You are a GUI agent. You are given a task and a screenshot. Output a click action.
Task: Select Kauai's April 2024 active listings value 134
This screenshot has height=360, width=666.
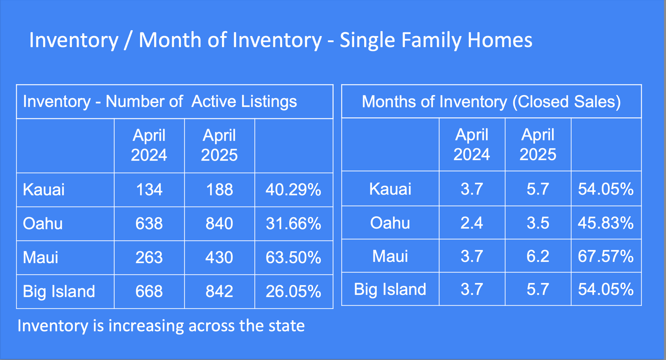point(149,190)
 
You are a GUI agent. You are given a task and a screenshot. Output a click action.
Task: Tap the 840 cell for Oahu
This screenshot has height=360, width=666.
point(219,224)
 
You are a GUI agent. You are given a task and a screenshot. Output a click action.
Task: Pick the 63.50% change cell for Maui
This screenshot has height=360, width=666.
point(293,258)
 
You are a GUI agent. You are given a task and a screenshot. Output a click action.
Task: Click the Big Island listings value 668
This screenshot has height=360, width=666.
point(149,291)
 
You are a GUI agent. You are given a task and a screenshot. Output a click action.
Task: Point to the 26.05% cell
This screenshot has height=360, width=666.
point(293,291)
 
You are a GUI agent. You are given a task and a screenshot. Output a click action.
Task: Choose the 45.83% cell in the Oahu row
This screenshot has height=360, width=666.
point(606,223)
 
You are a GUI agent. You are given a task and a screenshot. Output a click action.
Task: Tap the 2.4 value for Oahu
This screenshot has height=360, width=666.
point(471,223)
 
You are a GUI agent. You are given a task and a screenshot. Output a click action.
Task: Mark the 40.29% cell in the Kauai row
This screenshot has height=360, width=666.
point(293,190)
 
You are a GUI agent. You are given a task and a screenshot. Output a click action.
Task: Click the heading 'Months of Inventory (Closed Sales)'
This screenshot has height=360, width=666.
point(491,102)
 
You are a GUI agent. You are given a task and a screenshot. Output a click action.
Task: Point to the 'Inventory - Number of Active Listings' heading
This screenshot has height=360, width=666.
point(160,102)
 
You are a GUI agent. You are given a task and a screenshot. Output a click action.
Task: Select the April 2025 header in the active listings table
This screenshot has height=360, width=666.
point(219,145)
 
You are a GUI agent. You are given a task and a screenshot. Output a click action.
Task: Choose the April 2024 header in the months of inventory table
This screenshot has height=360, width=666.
point(471,144)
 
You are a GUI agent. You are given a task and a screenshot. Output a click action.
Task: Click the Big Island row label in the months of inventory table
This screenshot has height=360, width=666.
point(390,290)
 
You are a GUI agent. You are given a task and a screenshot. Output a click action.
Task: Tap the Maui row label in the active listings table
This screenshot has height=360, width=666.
point(41,258)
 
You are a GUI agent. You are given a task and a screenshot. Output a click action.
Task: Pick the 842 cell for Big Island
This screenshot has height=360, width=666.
point(219,291)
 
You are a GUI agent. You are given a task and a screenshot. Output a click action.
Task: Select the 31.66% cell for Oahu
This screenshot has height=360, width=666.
point(293,224)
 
